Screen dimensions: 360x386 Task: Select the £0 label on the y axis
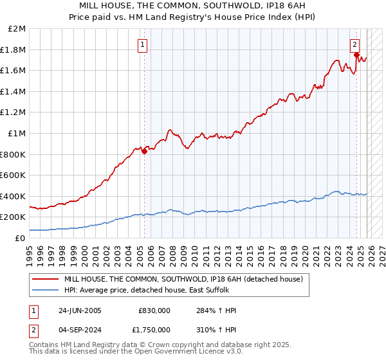[x=21, y=238]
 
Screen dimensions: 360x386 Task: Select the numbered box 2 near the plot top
[x=354, y=44]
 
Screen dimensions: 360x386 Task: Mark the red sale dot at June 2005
[x=144, y=151]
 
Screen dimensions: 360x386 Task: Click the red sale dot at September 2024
[x=356, y=55]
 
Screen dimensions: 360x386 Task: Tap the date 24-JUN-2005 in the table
[x=80, y=310]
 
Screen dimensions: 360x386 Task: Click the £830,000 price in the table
[x=154, y=310]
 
